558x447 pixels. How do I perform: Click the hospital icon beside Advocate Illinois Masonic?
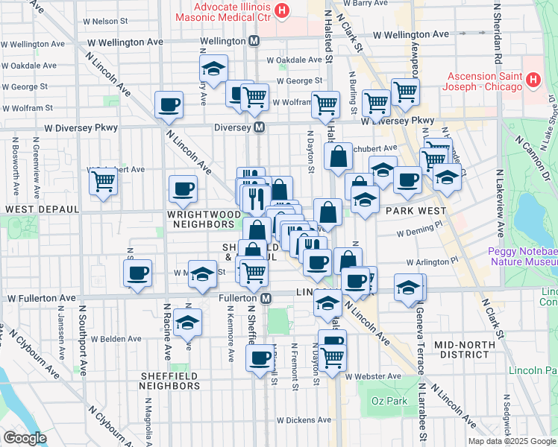tap(281, 10)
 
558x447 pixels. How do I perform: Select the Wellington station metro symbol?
tap(254, 41)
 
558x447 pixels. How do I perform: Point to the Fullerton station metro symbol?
tap(266, 298)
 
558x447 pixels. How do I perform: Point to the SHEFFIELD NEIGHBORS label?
tap(170, 381)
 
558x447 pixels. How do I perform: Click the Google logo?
tap(25, 438)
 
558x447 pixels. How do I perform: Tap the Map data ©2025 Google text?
tap(512, 441)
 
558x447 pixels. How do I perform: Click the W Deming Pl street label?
tap(420, 233)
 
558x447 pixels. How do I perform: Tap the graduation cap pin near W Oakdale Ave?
tap(213, 69)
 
